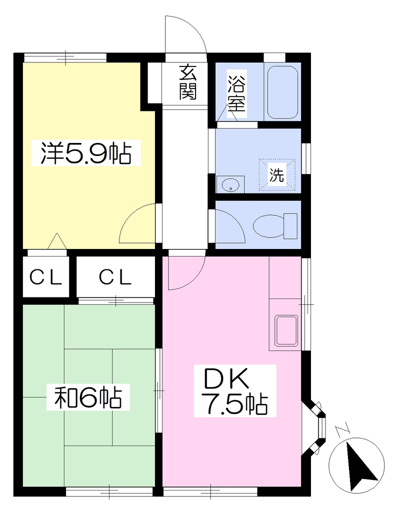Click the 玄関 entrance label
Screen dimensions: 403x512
point(188,82)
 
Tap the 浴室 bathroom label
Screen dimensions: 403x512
point(236,93)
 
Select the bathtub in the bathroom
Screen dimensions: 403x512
point(282,92)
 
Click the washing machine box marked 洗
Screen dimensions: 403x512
point(277,174)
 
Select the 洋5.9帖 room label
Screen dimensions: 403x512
point(86,153)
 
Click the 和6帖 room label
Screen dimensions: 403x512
point(88,397)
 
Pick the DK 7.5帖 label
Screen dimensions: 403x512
point(235,391)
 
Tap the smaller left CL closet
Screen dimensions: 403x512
point(45,277)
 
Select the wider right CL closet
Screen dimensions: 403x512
point(115,277)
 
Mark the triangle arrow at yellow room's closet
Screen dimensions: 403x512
point(57,241)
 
